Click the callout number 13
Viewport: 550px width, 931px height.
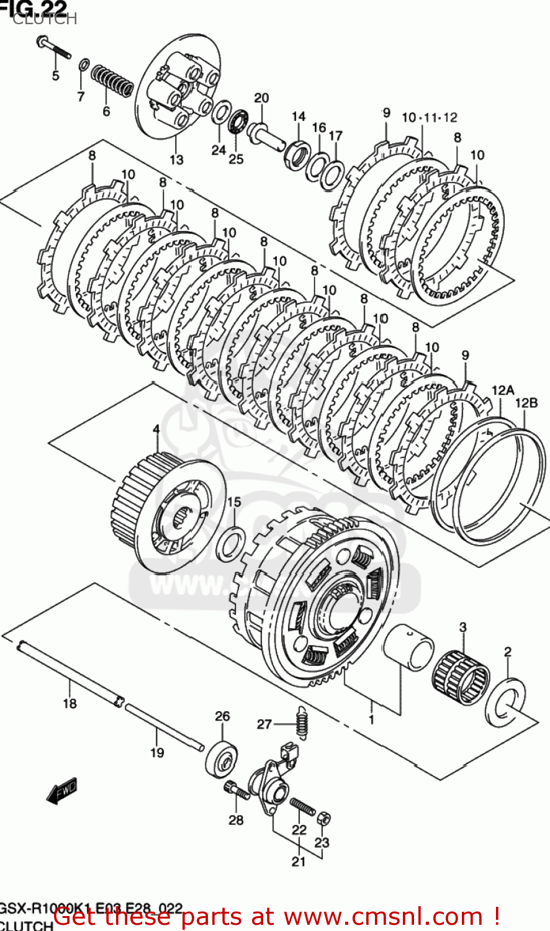tap(176, 160)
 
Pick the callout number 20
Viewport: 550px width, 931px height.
tap(261, 98)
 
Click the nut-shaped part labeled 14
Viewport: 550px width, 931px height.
tap(297, 153)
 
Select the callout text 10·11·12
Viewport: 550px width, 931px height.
tap(430, 117)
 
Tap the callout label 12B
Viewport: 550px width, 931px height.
tap(526, 403)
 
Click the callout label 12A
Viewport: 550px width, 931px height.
tap(503, 390)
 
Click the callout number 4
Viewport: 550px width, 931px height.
tap(156, 430)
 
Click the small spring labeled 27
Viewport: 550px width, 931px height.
tap(302, 723)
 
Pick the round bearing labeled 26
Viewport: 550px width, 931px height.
tap(222, 757)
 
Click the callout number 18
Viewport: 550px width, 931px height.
tap(70, 703)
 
